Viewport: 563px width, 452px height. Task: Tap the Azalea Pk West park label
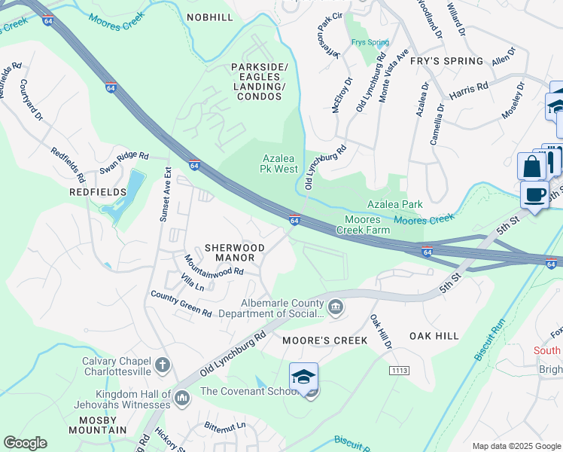280,163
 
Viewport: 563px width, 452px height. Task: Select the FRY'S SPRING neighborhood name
447,61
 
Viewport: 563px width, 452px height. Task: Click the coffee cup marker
534,195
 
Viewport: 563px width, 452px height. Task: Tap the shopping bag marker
532,166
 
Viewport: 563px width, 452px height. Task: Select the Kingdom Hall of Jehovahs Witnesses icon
181,396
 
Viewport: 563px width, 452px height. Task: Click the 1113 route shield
399,371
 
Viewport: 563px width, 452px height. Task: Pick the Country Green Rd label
181,304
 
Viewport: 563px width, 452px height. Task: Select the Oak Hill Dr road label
381,332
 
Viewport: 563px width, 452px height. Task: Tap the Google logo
25,443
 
